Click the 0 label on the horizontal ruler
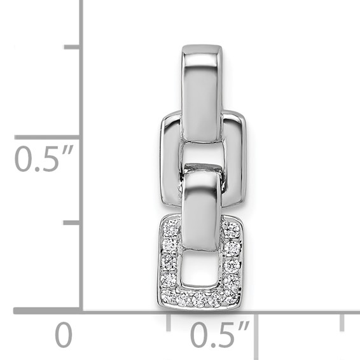pyautogui.click(x=63, y=335)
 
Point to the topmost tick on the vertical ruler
pyautogui.click(x=72, y=47)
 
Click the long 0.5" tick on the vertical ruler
pyautogui.click(x=48, y=137)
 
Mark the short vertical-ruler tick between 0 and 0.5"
pyautogui.click(x=72, y=223)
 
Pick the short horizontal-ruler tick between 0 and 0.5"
pyautogui.click(x=169, y=321)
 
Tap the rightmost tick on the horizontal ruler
pyautogui.click(x=342, y=321)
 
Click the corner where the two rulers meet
pyautogui.click(x=81, y=311)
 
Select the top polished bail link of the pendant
pyautogui.click(x=202, y=89)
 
